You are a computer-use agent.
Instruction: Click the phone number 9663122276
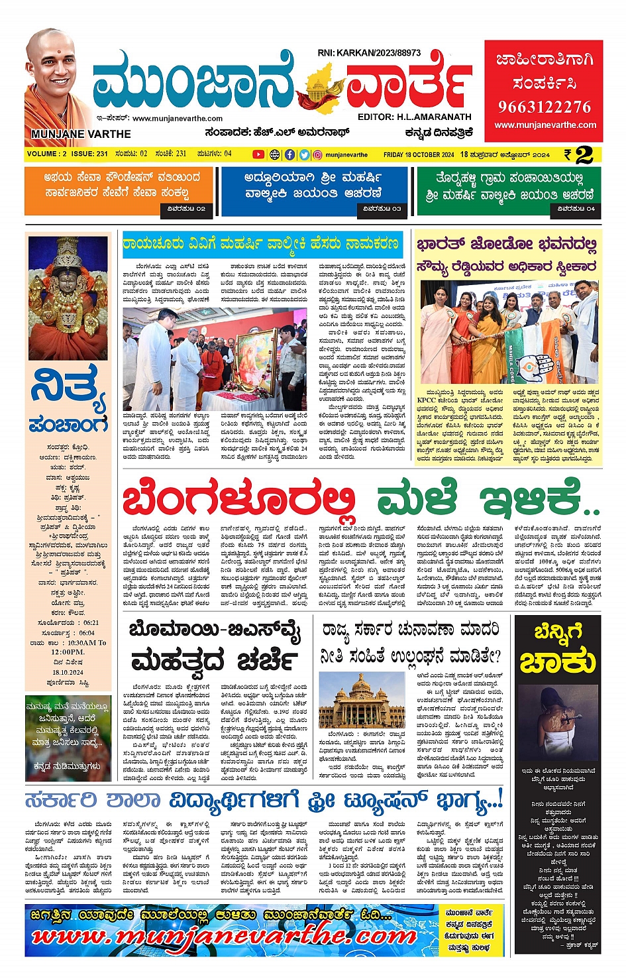[x=545, y=107]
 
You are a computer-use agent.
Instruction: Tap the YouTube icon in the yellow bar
[x=258, y=154]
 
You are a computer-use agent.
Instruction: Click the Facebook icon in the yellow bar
[x=289, y=154]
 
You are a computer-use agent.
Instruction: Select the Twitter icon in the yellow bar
[x=304, y=154]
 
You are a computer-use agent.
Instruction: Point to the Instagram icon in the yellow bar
[x=318, y=154]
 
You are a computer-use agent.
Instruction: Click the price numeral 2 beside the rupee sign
[x=584, y=155]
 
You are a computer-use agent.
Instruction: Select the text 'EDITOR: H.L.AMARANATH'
[x=414, y=117]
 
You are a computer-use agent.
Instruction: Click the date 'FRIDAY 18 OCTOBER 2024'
[x=419, y=154]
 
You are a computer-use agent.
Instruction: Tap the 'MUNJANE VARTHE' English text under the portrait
[x=81, y=134]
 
